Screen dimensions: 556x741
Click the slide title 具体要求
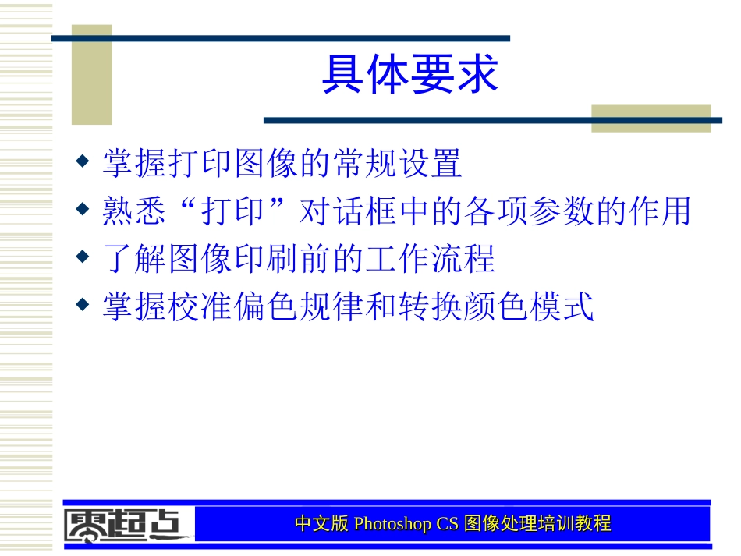pos(410,76)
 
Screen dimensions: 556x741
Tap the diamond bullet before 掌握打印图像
pos(82,162)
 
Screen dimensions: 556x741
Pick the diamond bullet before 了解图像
pos(82,257)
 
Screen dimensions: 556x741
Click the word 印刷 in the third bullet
pos(282,258)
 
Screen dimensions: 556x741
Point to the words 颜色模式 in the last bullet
pos(529,306)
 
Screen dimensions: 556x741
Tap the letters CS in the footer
pos(447,524)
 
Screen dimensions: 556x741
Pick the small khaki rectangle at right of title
pos(651,118)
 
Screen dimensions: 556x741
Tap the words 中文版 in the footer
pos(322,524)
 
